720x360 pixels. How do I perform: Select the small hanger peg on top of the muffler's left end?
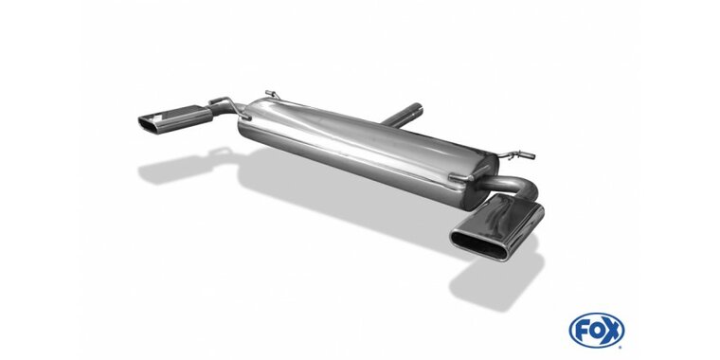click(272, 93)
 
